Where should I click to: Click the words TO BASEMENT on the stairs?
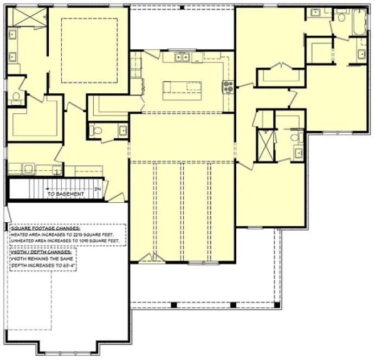(x=65, y=194)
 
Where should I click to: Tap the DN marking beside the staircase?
(x=97, y=189)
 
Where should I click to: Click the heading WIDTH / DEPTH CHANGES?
(x=42, y=252)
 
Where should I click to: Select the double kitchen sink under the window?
(x=182, y=56)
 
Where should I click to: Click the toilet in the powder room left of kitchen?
(x=96, y=130)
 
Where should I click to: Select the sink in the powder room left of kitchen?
(x=122, y=130)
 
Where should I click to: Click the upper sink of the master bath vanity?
(x=12, y=35)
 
